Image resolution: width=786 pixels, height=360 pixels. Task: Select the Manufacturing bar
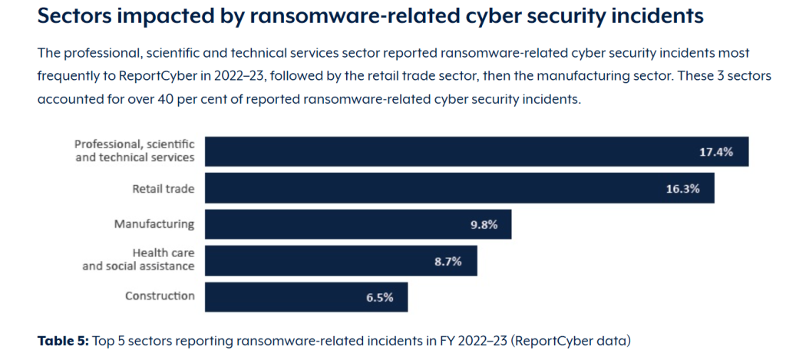(358, 225)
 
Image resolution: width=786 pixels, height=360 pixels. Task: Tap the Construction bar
(306, 297)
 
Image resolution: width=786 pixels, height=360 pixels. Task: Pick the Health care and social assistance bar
(341, 261)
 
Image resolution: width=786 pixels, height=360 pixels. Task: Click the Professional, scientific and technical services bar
(476, 151)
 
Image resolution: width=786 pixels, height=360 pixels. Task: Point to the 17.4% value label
(715, 152)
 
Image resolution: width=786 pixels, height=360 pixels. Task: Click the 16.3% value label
(682, 189)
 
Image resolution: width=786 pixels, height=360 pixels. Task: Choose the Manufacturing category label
(154, 224)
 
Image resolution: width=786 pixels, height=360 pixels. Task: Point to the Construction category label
(160, 296)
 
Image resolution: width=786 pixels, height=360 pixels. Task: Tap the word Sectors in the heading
(81, 16)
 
